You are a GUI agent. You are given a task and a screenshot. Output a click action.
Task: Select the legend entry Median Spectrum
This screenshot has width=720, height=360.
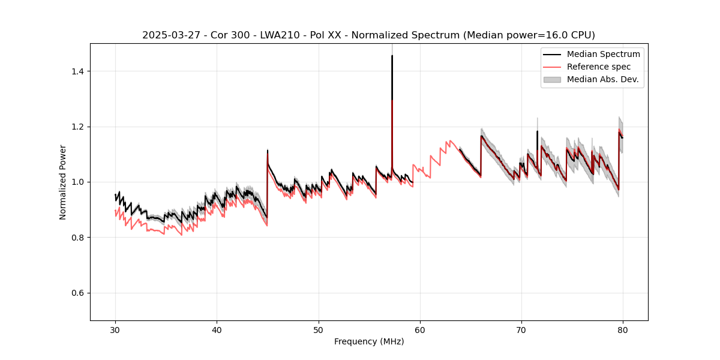[603, 54]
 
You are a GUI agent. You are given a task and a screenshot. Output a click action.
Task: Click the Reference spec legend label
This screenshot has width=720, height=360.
[599, 67]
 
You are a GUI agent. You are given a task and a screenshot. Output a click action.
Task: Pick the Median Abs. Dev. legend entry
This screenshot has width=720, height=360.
[602, 79]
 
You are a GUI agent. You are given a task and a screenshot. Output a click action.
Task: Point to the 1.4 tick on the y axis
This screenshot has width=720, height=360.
[79, 71]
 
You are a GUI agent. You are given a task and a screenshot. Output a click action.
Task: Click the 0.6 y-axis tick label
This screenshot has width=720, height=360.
[79, 293]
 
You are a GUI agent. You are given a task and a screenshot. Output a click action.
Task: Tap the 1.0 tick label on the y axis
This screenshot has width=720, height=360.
[79, 182]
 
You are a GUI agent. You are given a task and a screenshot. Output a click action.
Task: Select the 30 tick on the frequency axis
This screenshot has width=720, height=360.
[116, 329]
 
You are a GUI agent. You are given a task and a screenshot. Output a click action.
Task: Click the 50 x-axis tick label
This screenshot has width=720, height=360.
[319, 329]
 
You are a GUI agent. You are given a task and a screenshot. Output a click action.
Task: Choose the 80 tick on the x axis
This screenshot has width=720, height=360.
[623, 329]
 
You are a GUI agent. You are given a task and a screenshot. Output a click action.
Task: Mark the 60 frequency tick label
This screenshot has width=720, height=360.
[420, 329]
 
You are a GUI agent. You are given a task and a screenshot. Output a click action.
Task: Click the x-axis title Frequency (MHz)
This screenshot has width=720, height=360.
[369, 341]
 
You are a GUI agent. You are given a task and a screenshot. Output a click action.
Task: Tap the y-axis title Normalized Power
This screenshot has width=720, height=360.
[63, 182]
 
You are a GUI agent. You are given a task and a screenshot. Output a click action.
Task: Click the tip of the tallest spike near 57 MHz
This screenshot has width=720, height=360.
[392, 56]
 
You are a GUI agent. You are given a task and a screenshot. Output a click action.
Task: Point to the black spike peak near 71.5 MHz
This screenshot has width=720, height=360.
[537, 131]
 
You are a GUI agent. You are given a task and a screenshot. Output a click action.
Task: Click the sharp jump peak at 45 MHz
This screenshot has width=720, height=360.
[268, 151]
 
